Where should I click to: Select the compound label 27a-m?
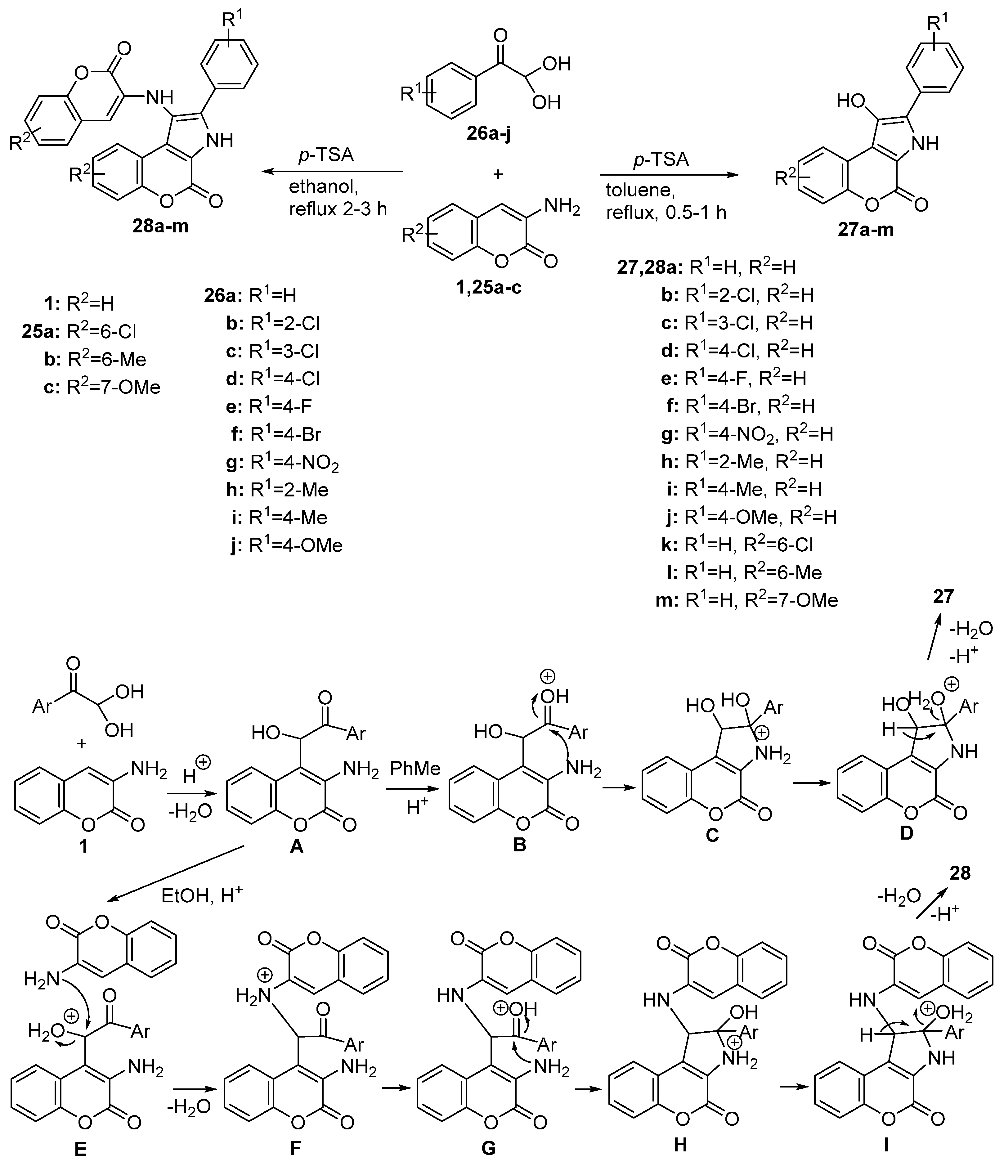866,230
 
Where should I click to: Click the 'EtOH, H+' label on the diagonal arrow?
201,896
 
